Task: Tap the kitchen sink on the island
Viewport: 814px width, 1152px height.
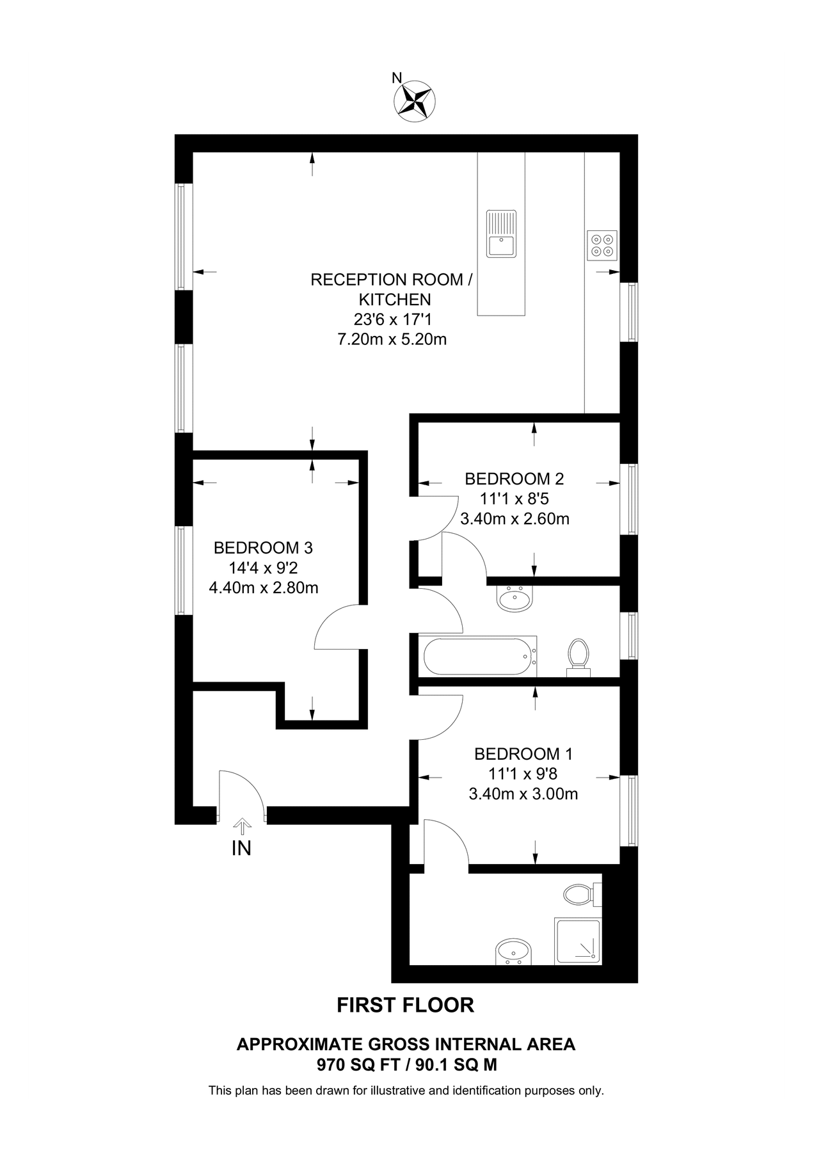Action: click(501, 234)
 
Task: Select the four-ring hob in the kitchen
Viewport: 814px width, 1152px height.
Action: click(602, 245)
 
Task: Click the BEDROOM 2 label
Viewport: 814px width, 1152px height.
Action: click(514, 479)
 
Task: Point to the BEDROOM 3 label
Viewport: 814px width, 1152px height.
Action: click(263, 548)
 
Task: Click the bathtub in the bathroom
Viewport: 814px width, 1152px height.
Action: click(477, 655)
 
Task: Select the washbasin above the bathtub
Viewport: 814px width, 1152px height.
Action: click(514, 599)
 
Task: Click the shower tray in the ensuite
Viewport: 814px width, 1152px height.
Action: click(578, 941)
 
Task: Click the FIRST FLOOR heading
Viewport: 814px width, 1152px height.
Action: click(406, 1005)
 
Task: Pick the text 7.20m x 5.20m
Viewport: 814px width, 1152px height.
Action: click(392, 339)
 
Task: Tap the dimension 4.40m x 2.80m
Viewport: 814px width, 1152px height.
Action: click(264, 588)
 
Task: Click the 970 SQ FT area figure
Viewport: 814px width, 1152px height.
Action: click(349, 1065)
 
